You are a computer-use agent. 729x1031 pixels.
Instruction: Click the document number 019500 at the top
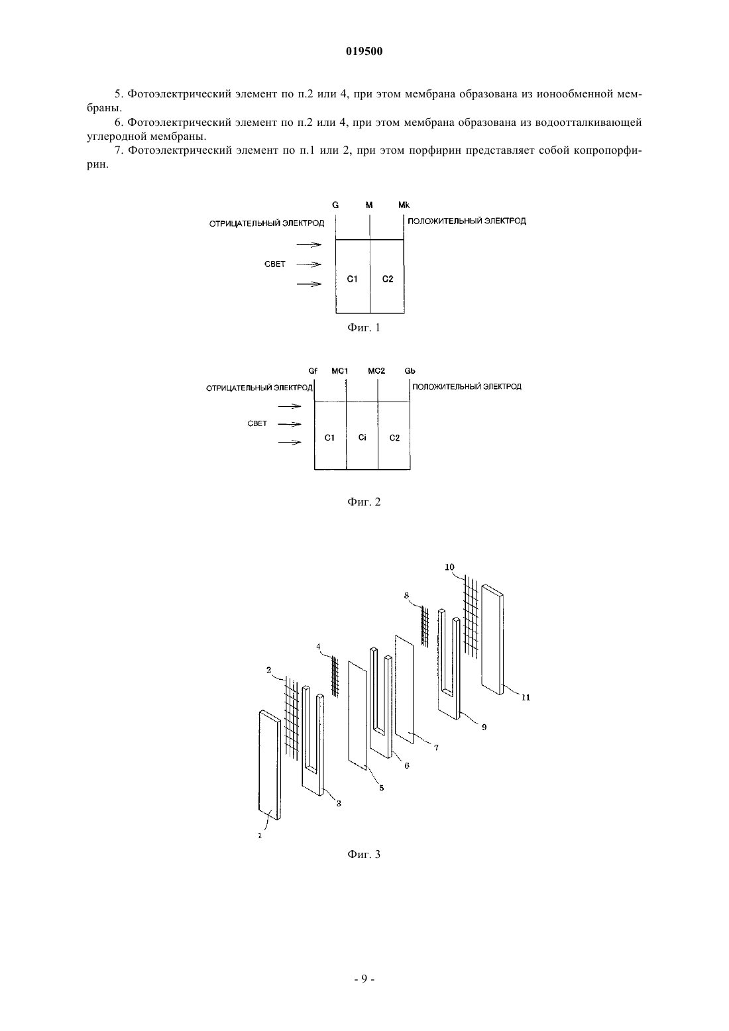coord(364,52)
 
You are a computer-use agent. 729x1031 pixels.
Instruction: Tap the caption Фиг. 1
coord(364,328)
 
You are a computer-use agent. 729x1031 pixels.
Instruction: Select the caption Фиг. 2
coord(364,502)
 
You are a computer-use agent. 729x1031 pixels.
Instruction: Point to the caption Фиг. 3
coord(364,854)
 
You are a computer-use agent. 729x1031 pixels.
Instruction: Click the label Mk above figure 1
coord(404,205)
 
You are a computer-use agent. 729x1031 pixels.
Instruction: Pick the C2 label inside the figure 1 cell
coord(388,279)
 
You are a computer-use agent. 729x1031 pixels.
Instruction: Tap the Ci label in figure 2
coord(363,437)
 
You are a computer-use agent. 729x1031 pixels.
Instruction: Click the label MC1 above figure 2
coord(339,371)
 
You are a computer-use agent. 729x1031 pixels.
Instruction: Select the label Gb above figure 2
coord(410,371)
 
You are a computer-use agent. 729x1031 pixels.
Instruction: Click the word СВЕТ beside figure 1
coord(275,264)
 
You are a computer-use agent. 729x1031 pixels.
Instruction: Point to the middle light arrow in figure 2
coord(290,424)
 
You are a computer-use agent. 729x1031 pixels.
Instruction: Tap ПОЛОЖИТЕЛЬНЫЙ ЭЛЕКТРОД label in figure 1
coord(467,221)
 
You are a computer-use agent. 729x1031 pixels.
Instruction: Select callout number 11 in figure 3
coord(526,697)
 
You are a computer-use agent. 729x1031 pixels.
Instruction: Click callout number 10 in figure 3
coord(449,567)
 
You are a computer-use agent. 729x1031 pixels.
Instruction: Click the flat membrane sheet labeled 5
coord(358,716)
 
